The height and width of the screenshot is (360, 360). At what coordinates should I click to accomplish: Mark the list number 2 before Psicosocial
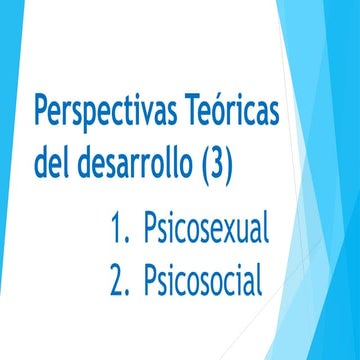[120, 281]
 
